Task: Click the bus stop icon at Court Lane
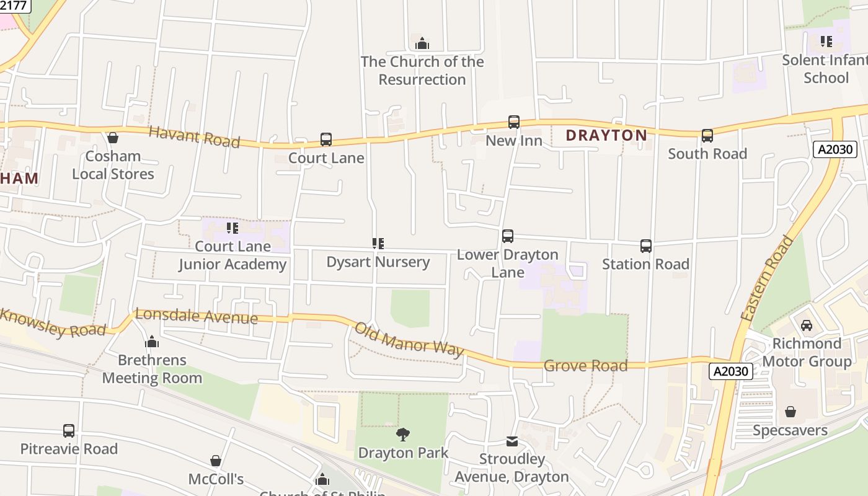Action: click(326, 139)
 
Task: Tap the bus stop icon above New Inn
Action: click(513, 122)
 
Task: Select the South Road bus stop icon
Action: click(707, 136)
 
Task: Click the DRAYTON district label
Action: click(606, 135)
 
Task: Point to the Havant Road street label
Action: click(194, 136)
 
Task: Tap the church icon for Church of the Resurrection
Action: click(422, 43)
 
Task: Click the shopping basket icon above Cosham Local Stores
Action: click(113, 138)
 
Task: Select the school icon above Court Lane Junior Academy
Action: click(232, 228)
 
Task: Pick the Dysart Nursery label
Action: click(378, 262)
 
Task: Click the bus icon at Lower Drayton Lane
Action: click(507, 236)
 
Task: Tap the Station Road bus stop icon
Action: click(645, 246)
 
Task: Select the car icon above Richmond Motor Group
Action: click(806, 325)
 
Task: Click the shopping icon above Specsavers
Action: click(790, 412)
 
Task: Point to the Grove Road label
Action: click(585, 366)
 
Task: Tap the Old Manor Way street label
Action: click(409, 340)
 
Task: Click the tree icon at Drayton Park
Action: click(403, 434)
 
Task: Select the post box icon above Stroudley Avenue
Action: click(511, 441)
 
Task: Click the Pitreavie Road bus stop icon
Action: click(69, 430)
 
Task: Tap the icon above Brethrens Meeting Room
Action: click(152, 342)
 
